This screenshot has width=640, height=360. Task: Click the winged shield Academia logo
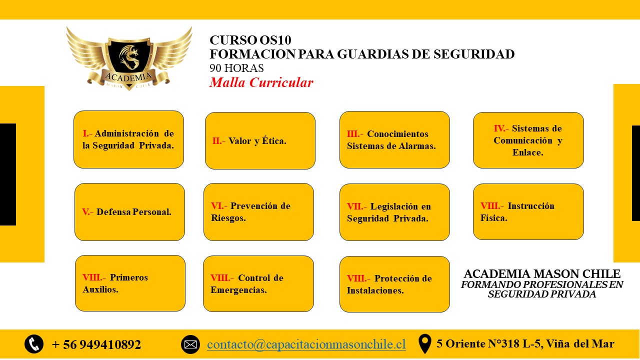[x=129, y=58]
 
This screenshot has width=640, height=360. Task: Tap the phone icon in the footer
[x=34, y=344]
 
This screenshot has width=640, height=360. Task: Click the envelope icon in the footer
[x=190, y=344]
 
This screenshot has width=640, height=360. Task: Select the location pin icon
[x=425, y=343]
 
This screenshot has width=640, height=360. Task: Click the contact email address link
[x=306, y=344]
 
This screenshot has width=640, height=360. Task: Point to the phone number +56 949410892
[x=96, y=344]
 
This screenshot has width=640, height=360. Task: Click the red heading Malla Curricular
[x=261, y=82]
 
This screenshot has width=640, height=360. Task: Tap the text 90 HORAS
[x=236, y=68]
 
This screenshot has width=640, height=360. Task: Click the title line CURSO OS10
[x=250, y=40]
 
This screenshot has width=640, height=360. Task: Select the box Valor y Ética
[x=260, y=140]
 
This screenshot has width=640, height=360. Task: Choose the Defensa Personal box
[x=129, y=211]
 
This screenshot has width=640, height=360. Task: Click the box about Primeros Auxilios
[x=130, y=283]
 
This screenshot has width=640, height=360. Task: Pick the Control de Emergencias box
[x=258, y=283]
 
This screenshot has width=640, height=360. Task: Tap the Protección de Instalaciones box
[x=394, y=284]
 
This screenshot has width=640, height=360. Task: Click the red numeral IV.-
[x=501, y=128]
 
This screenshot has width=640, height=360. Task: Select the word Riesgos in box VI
[x=228, y=218]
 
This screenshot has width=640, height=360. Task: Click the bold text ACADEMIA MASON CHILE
[x=542, y=273]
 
